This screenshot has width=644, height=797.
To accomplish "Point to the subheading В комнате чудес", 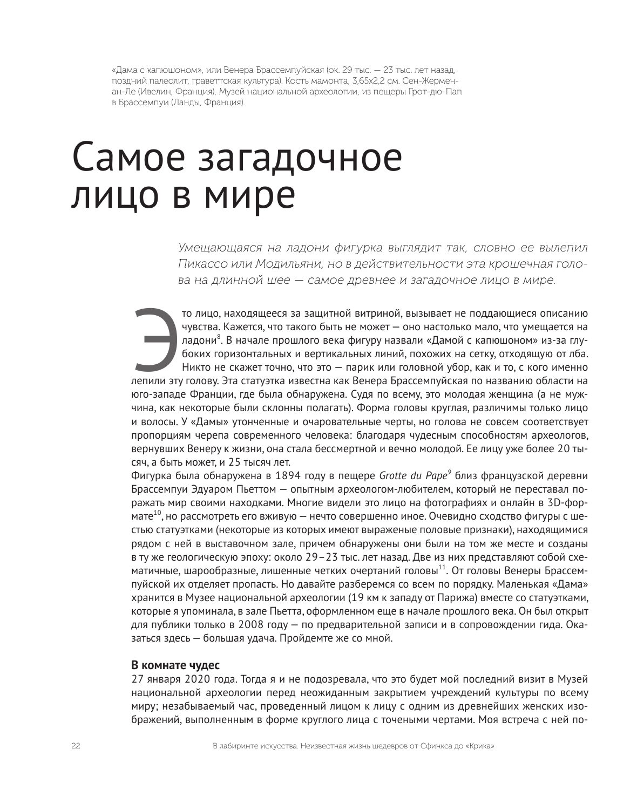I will [x=175, y=665].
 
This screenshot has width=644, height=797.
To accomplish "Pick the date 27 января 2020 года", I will [x=182, y=679].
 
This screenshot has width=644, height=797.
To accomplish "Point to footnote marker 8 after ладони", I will [x=219, y=337].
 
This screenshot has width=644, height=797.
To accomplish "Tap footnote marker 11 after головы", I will [x=442, y=568].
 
